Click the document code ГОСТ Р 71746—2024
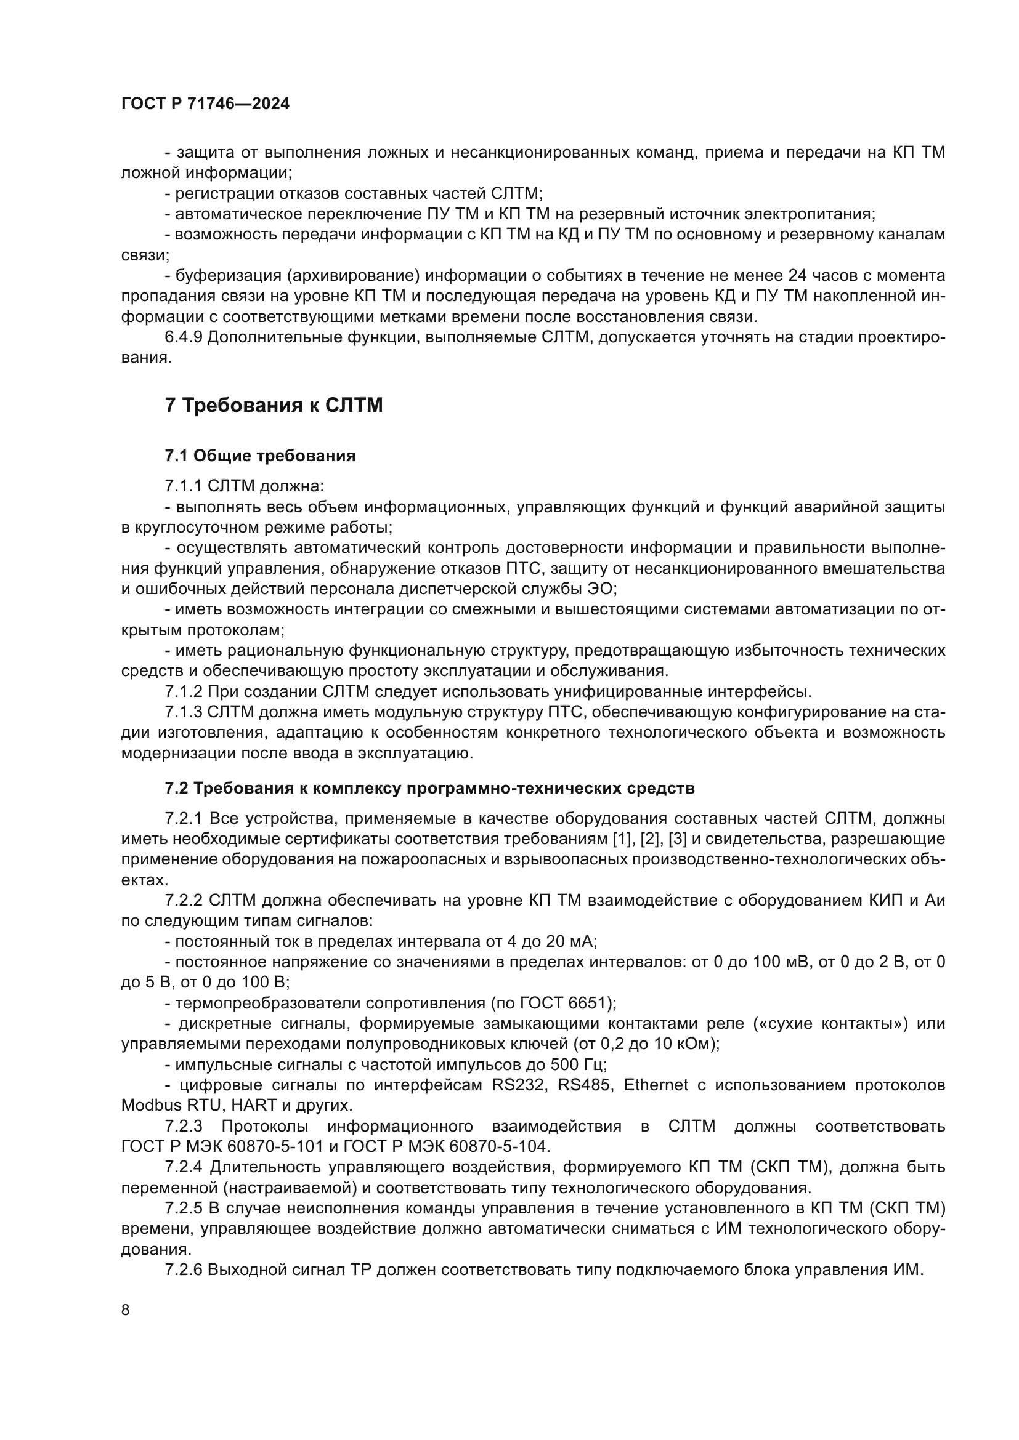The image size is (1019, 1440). (205, 104)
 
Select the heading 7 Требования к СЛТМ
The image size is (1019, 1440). (274, 406)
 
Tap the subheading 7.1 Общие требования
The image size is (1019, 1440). (261, 456)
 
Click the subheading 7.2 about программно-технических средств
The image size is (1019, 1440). (430, 789)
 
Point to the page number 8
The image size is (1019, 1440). (126, 1309)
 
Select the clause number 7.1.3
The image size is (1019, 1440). (183, 712)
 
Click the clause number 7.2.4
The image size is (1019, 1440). (183, 1168)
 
